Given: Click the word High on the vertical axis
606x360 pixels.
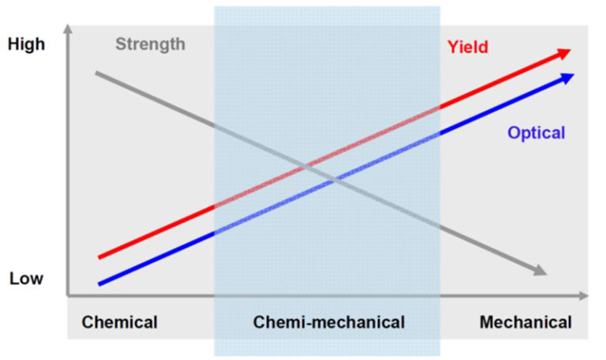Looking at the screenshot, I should [x=26, y=45].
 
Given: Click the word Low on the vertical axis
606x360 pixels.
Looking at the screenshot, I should [x=26, y=279].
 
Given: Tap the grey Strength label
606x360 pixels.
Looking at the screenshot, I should [x=150, y=43].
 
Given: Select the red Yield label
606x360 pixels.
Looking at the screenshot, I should [x=467, y=47].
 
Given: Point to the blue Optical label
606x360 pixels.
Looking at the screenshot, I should [x=536, y=133].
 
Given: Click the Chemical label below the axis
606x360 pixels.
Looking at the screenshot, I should [x=120, y=322].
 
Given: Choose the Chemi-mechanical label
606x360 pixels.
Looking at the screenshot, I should [x=328, y=322].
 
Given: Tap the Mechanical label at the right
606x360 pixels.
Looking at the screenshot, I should [x=526, y=322].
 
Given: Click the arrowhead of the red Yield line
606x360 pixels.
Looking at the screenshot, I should [x=563, y=53].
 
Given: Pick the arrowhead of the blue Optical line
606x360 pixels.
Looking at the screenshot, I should [x=567, y=76].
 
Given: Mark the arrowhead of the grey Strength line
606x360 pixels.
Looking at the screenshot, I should [x=540, y=272].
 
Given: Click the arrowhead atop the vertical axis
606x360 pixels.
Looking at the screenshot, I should [x=69, y=31].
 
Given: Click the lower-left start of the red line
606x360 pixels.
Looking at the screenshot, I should [x=99, y=257].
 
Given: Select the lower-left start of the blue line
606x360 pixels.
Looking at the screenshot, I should [x=99, y=283].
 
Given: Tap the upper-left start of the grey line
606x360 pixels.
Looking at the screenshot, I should [x=96, y=73].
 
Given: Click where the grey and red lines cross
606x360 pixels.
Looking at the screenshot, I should [x=305, y=166].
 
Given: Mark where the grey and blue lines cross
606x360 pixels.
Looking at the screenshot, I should [x=337, y=181].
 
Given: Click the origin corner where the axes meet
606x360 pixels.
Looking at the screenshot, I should [x=69, y=296].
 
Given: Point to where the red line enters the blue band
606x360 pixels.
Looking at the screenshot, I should [x=215, y=207].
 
